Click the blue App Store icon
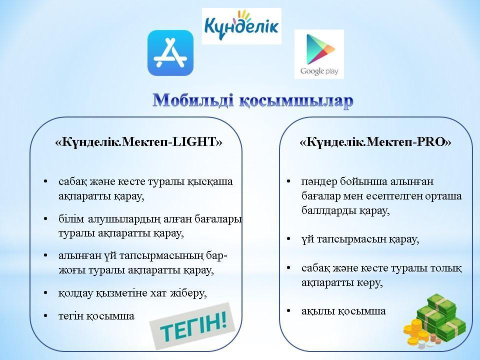[x=170, y=53]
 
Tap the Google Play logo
[x=319, y=54]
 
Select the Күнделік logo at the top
[x=241, y=26]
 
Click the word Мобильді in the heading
[x=193, y=100]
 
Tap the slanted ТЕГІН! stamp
[x=192, y=326]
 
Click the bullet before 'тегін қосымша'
[x=45, y=315]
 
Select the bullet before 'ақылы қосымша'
[x=288, y=311]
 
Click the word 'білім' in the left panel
[x=71, y=219]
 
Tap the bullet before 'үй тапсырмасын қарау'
[x=288, y=239]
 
